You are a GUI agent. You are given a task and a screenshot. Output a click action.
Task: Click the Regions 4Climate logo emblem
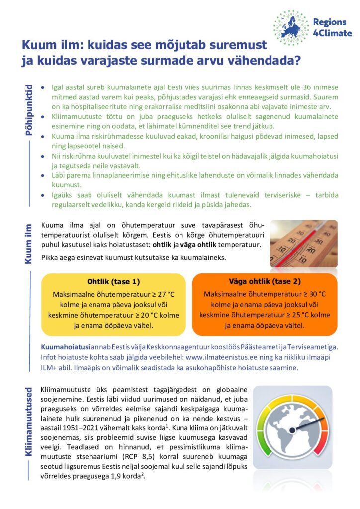[291, 28]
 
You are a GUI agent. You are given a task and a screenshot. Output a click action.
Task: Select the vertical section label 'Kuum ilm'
[28, 243]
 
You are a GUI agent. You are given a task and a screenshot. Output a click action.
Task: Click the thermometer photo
[303, 244]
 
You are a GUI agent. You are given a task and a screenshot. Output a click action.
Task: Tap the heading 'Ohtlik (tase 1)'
[113, 281]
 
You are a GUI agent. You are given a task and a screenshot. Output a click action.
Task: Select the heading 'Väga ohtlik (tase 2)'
[265, 281]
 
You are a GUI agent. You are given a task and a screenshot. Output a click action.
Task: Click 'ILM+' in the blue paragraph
[50, 368]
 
